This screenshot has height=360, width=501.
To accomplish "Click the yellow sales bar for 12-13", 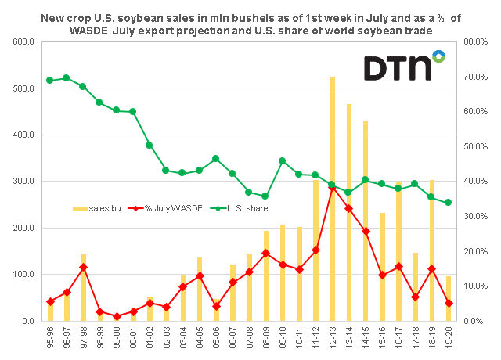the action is (x=332, y=199).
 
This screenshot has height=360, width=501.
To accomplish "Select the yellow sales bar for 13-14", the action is (x=349, y=212).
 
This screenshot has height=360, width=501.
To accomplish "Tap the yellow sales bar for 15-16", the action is (x=382, y=267).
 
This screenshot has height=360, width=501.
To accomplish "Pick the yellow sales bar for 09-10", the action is (x=283, y=273).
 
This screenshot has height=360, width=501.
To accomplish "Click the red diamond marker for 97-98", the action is (x=84, y=268).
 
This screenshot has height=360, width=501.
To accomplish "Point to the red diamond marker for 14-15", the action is (x=366, y=232).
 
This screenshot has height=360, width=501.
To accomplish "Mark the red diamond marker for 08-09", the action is (x=266, y=254).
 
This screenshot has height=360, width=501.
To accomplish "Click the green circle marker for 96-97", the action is (x=67, y=78).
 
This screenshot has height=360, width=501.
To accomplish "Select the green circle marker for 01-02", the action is (x=150, y=145).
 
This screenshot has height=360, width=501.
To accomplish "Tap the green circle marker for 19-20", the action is (x=448, y=202).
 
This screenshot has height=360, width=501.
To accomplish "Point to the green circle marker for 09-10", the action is (x=283, y=161).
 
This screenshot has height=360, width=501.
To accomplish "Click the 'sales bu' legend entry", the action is (x=97, y=208).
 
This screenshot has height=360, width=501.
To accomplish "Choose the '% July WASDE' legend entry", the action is (x=165, y=208).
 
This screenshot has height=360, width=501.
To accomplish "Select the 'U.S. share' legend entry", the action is (x=239, y=208).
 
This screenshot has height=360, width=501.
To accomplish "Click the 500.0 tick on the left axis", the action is (x=23, y=88).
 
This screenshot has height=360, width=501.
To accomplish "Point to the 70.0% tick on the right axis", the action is (x=476, y=77).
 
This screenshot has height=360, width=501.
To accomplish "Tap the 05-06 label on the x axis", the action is (x=216, y=337).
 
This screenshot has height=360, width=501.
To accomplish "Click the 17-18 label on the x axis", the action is (x=416, y=337).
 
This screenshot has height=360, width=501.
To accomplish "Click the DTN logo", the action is (x=405, y=66).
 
